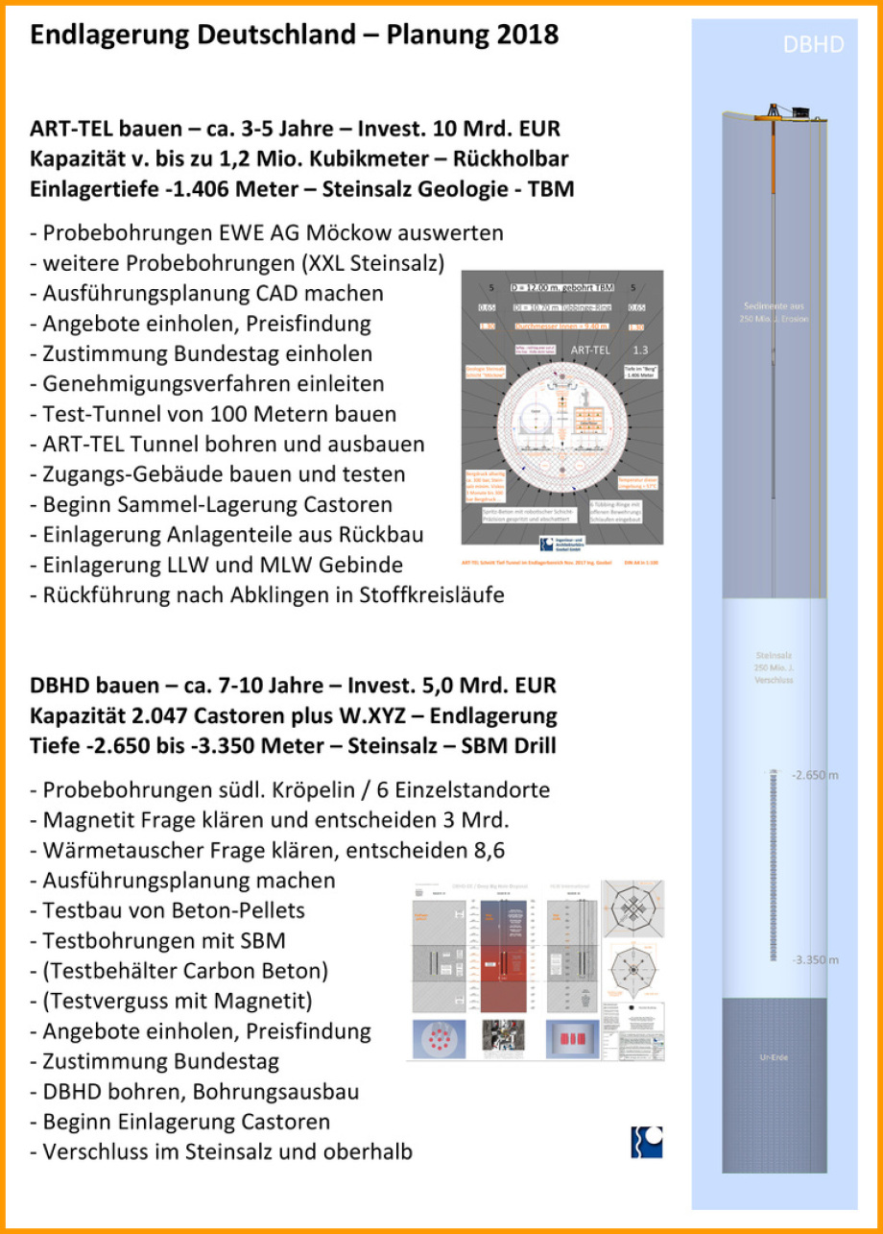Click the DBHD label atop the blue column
[813, 44]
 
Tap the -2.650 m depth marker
[815, 775]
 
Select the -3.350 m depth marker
[815, 959]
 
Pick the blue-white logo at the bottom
[646, 1143]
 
